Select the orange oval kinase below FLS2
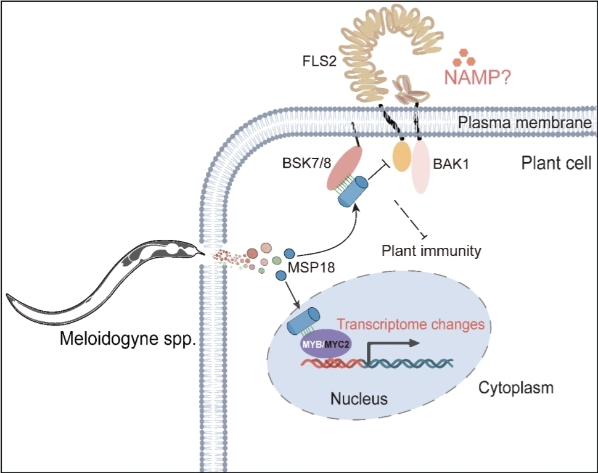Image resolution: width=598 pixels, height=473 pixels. tap(402, 157)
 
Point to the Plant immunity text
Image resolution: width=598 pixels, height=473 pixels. tap(431, 251)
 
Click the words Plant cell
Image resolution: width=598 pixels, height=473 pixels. tap(547, 165)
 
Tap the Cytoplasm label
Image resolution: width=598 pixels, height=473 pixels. tap(516, 388)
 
